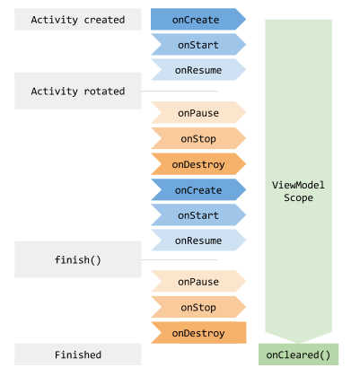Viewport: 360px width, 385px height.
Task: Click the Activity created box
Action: (x=78, y=19)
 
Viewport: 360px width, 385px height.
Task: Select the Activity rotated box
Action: (x=78, y=91)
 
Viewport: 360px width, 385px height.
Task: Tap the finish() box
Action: (x=78, y=259)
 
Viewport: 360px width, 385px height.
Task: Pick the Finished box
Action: (x=78, y=354)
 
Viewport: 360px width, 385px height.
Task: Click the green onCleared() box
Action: (x=298, y=354)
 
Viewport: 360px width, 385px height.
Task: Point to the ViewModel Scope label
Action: (x=298, y=191)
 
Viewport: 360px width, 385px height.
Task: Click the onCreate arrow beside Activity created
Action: (x=198, y=19)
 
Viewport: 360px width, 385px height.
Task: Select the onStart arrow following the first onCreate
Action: (x=198, y=44)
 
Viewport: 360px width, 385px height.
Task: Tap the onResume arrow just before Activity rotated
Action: (x=198, y=70)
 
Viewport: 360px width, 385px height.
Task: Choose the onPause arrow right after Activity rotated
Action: (x=198, y=112)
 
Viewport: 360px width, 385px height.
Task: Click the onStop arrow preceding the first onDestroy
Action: (x=198, y=138)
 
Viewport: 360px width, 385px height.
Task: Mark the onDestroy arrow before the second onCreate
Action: (x=198, y=164)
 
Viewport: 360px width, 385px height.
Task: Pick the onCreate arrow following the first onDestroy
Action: (x=198, y=189)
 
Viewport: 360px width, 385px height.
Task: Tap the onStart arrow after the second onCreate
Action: (x=198, y=214)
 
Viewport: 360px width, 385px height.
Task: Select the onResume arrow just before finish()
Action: (x=198, y=240)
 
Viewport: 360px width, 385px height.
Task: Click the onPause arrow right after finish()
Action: (x=198, y=281)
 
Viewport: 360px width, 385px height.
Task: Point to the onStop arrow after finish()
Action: (x=198, y=307)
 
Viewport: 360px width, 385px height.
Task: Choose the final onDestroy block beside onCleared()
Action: (x=198, y=333)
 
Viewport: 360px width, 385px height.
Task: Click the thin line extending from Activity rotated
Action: (x=180, y=91)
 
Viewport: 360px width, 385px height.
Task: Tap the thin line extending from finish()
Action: (x=180, y=259)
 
